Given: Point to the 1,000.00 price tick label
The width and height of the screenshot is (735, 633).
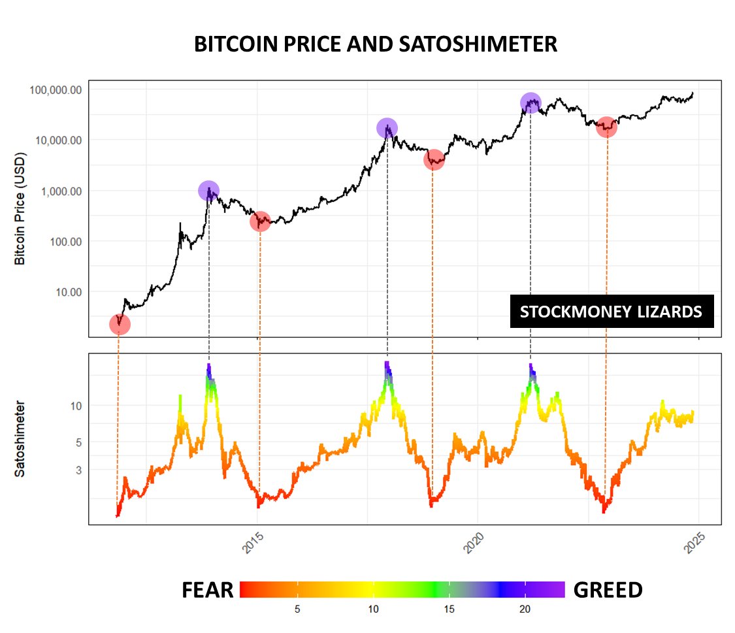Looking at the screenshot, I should pos(59,191).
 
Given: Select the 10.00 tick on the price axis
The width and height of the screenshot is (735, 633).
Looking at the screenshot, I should pos(67,292).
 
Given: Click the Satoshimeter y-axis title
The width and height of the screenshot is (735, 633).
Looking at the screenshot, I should pos(20,438).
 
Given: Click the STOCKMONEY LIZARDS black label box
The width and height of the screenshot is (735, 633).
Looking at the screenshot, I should pos(612,312).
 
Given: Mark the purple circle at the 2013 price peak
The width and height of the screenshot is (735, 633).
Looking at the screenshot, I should pos(208,191).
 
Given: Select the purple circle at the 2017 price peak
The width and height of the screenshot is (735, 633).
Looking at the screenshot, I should pos(387,128).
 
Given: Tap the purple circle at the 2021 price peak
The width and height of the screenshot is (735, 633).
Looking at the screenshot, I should pos(531,103).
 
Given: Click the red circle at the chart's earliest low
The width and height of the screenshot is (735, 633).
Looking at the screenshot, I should pos(120,324).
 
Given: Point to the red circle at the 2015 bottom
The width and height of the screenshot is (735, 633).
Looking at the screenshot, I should pos(260,221).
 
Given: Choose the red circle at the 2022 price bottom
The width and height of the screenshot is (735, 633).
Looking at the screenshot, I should pos(607,127).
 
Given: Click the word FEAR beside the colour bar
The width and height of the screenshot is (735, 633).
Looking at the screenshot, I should pos(207,590).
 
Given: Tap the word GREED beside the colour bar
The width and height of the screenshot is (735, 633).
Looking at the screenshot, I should pos(608,590).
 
